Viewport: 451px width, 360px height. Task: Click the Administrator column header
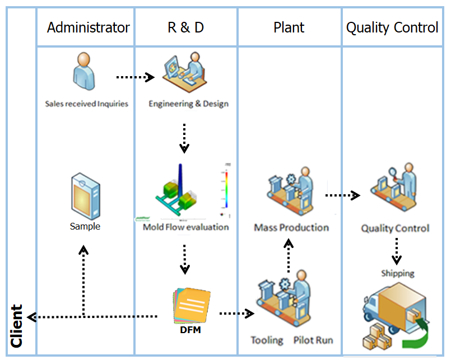point(88,27)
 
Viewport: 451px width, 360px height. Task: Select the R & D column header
point(185,27)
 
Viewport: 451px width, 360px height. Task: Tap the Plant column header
point(289,27)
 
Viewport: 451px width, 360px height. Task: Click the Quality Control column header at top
point(392,27)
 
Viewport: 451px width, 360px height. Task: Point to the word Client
point(17,326)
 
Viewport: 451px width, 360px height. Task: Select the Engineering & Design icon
point(185,73)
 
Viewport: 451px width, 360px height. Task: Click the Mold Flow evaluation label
point(185,227)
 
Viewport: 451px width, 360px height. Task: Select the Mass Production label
point(291,227)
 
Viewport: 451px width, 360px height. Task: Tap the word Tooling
point(267,340)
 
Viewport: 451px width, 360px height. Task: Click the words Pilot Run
point(313,340)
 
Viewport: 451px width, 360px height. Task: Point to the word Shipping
point(397,273)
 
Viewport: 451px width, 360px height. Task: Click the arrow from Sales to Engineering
point(135,77)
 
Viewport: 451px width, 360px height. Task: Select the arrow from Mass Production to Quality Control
point(342,195)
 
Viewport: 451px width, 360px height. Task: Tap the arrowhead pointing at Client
point(31,317)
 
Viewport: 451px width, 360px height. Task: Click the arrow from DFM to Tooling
point(236,314)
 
